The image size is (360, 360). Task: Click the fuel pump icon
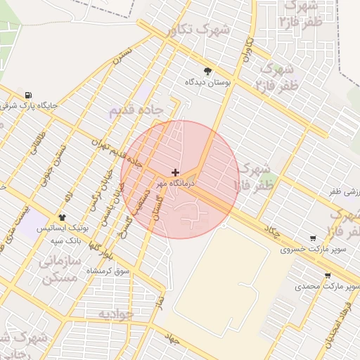coord(27,96)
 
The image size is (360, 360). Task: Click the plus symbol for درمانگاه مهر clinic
coord(175,172)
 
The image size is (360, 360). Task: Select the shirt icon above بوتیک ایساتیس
coord(63,218)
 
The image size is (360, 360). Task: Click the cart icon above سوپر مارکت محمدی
coord(328,276)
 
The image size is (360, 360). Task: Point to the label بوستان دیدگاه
coord(208,82)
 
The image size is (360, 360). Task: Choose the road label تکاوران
coord(247,51)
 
